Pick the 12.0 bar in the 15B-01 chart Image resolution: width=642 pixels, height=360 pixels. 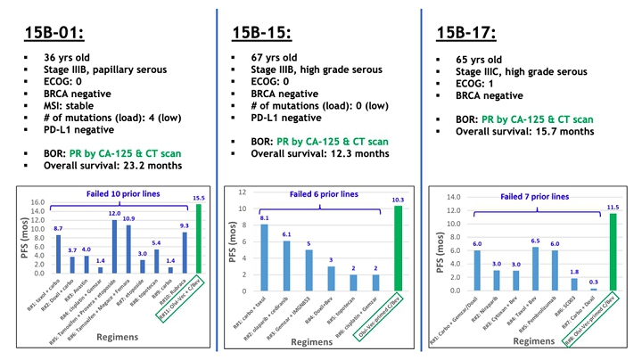point(114,248)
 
